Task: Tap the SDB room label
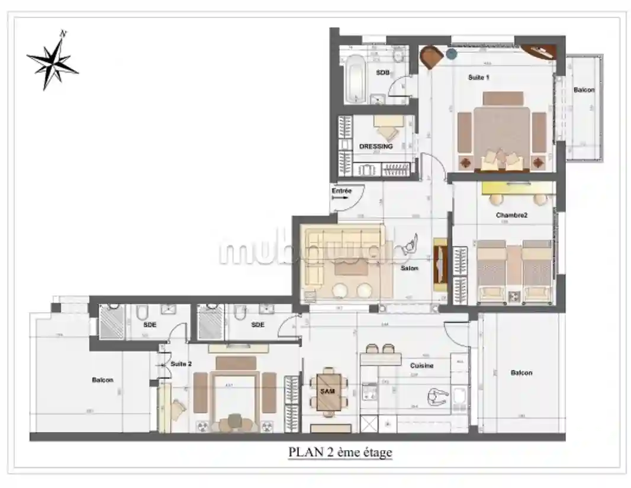(x=383, y=72)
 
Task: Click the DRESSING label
(x=376, y=146)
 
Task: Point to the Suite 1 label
(x=478, y=78)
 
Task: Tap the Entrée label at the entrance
(x=342, y=191)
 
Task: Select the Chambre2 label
(x=511, y=216)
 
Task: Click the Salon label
(x=409, y=268)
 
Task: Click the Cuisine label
(x=421, y=365)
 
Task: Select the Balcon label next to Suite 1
(x=584, y=90)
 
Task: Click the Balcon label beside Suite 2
(x=102, y=380)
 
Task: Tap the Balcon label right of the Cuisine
(x=521, y=373)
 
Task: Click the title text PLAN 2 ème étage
(x=340, y=452)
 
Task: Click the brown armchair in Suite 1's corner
(x=431, y=57)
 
